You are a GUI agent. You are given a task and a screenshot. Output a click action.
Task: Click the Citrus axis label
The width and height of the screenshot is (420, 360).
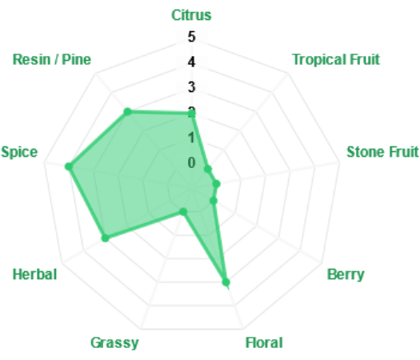191,15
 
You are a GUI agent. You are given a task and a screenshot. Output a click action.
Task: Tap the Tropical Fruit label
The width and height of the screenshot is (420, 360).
336,59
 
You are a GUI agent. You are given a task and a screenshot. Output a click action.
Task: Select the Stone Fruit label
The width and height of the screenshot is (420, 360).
382,152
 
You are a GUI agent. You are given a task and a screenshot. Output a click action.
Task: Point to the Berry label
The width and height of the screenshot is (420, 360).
346,274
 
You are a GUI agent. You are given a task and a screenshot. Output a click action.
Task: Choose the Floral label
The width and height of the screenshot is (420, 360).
264,342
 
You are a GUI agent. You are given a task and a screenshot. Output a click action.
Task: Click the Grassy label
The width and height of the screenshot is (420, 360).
114,343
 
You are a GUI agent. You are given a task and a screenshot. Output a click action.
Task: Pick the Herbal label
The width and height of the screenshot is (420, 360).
35,274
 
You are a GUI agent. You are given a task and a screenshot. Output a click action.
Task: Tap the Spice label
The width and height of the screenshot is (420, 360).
19,153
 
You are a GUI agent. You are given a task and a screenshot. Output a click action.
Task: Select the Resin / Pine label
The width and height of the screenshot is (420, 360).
52,59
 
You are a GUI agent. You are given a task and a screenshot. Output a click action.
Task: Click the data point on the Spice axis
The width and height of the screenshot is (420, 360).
69,166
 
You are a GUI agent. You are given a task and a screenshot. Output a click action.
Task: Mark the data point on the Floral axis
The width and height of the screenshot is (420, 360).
226,282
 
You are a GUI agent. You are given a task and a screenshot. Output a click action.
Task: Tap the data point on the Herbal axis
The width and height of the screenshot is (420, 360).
106,238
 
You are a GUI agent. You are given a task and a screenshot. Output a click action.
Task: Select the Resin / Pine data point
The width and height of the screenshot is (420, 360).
127,112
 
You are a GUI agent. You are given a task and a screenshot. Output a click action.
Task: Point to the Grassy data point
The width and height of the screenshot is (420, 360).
183,212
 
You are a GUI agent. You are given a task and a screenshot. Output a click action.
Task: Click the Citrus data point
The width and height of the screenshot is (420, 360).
191,114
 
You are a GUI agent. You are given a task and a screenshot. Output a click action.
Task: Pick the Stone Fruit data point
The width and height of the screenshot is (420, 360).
217,184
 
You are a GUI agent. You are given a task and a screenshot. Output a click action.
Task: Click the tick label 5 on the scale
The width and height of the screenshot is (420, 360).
191,37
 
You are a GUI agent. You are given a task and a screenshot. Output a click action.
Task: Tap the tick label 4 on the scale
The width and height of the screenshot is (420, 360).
191,62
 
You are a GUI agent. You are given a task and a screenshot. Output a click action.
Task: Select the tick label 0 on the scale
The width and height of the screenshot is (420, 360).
191,162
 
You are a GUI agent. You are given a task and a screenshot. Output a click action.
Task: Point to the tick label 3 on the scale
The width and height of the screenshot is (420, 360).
191,87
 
